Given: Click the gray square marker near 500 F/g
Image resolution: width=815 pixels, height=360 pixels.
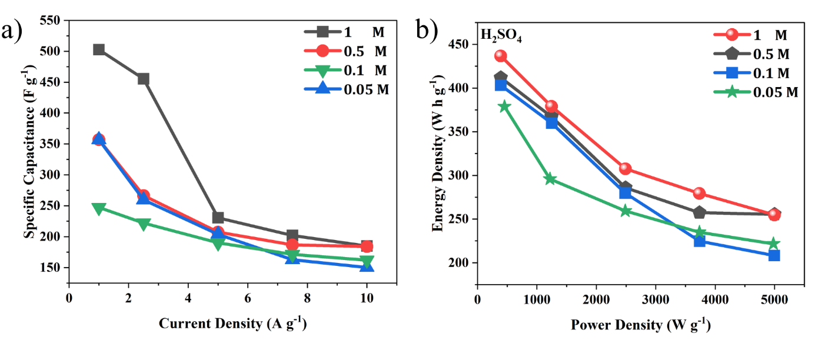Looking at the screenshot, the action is click(x=99, y=49).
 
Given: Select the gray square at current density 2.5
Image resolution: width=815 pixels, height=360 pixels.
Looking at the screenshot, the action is click(x=144, y=79).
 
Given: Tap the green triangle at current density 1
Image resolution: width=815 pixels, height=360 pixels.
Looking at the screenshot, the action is click(x=99, y=209).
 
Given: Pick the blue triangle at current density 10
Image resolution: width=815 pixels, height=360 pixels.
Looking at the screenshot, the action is click(x=367, y=266).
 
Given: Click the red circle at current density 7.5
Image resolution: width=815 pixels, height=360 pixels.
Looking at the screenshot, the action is click(x=292, y=244).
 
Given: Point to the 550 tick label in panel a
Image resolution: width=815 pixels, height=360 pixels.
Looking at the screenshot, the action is click(x=50, y=21).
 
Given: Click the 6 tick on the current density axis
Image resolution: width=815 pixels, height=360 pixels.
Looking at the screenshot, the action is click(x=247, y=298).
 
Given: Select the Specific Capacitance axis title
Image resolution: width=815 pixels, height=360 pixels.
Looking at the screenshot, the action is click(x=30, y=151).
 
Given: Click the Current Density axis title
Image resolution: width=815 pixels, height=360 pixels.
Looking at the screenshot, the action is click(x=233, y=323).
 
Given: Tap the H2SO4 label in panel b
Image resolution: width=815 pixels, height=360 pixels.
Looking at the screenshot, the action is click(x=501, y=36).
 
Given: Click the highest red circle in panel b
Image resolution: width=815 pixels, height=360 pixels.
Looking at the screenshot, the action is click(x=501, y=56).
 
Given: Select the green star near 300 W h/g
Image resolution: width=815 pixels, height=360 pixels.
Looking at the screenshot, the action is click(x=550, y=179).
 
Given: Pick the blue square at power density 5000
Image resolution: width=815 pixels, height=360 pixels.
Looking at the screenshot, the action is click(x=774, y=255).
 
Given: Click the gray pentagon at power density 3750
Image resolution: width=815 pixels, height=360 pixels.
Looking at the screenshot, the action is click(x=699, y=212).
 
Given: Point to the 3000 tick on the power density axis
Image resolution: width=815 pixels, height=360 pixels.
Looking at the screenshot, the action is click(x=656, y=299).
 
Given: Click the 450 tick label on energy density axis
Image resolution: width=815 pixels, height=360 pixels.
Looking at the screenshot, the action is click(x=460, y=44).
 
